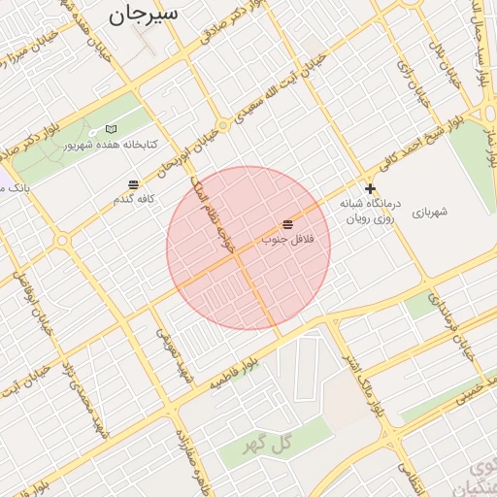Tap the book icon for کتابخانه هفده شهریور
[111, 129]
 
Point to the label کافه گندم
[133, 198]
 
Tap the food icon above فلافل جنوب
[287, 224]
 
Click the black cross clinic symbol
[370, 188]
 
